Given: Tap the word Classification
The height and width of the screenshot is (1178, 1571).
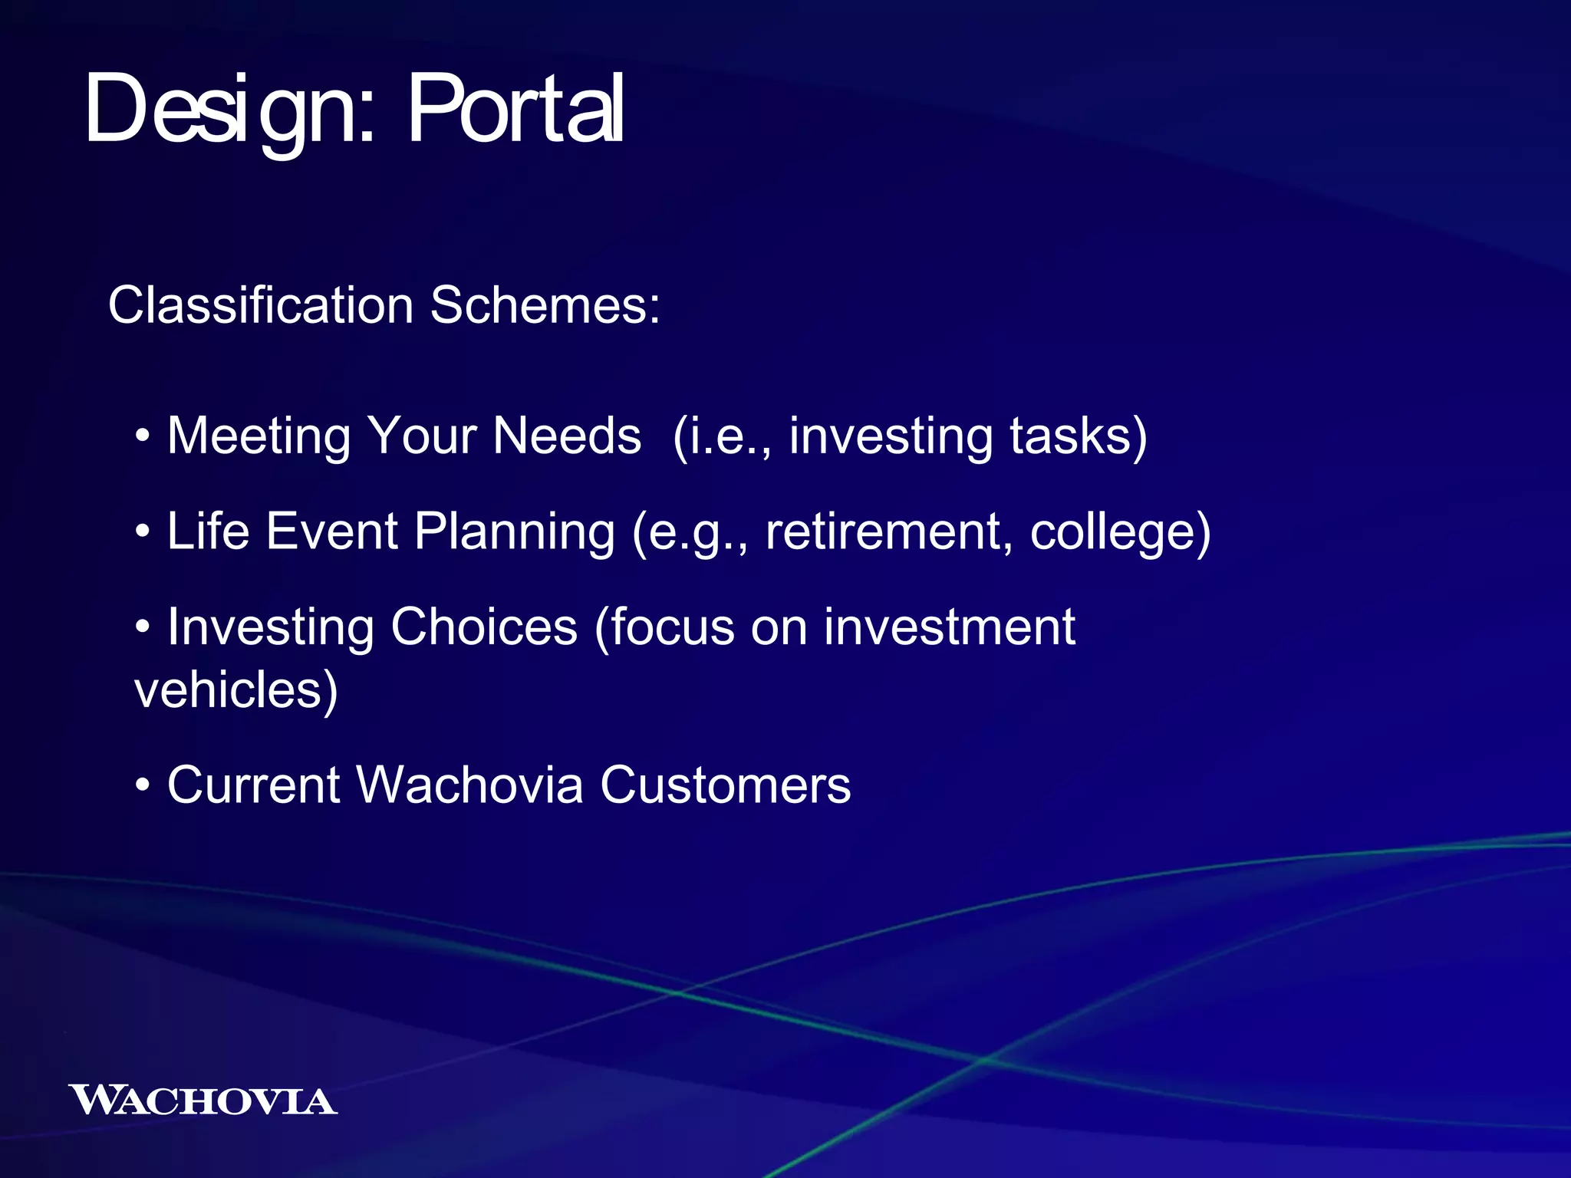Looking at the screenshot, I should coord(261,305).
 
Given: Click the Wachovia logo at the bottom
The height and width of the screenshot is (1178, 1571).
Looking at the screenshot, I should coord(203,1100).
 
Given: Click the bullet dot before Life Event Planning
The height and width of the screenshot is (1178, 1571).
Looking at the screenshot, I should coord(142,531).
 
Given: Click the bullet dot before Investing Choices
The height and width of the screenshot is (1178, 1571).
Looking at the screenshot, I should coord(142,627).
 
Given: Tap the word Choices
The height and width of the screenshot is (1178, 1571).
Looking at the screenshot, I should coord(483,627).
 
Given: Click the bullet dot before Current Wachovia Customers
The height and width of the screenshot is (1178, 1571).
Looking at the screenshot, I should coord(142,786).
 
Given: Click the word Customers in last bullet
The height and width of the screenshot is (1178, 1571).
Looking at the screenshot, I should coord(725,786).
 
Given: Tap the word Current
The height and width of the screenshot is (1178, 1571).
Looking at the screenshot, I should coord(253,786).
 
